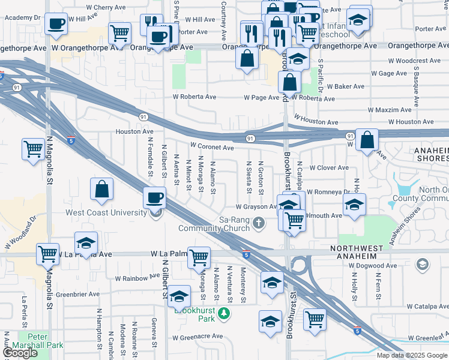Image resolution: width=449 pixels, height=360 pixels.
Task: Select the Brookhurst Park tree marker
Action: click(x=224, y=313)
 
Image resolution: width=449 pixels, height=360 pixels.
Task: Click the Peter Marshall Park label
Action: click(x=40, y=345)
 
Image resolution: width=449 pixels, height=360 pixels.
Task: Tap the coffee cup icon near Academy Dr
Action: click(x=56, y=24)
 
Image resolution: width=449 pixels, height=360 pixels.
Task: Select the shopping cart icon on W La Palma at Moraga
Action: click(x=199, y=257)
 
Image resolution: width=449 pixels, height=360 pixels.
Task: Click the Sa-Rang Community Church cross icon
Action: click(x=259, y=224)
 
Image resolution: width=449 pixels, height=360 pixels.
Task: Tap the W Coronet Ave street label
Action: click(x=212, y=147)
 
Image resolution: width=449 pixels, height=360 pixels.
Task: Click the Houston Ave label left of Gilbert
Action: click(x=134, y=131)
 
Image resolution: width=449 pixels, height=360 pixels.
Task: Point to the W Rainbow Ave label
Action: click(x=137, y=278)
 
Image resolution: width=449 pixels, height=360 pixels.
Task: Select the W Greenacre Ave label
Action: click(x=197, y=337)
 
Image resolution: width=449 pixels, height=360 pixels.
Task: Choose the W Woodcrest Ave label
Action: click(x=418, y=61)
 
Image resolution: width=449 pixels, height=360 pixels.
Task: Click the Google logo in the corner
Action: click(x=20, y=353)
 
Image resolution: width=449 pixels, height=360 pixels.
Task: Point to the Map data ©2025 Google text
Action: click(x=411, y=355)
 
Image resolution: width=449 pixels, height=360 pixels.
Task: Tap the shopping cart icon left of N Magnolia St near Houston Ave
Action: click(x=32, y=149)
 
